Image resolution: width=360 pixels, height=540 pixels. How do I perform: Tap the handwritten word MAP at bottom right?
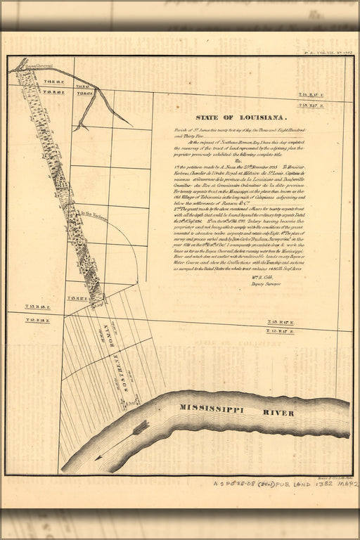coord(345,485)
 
